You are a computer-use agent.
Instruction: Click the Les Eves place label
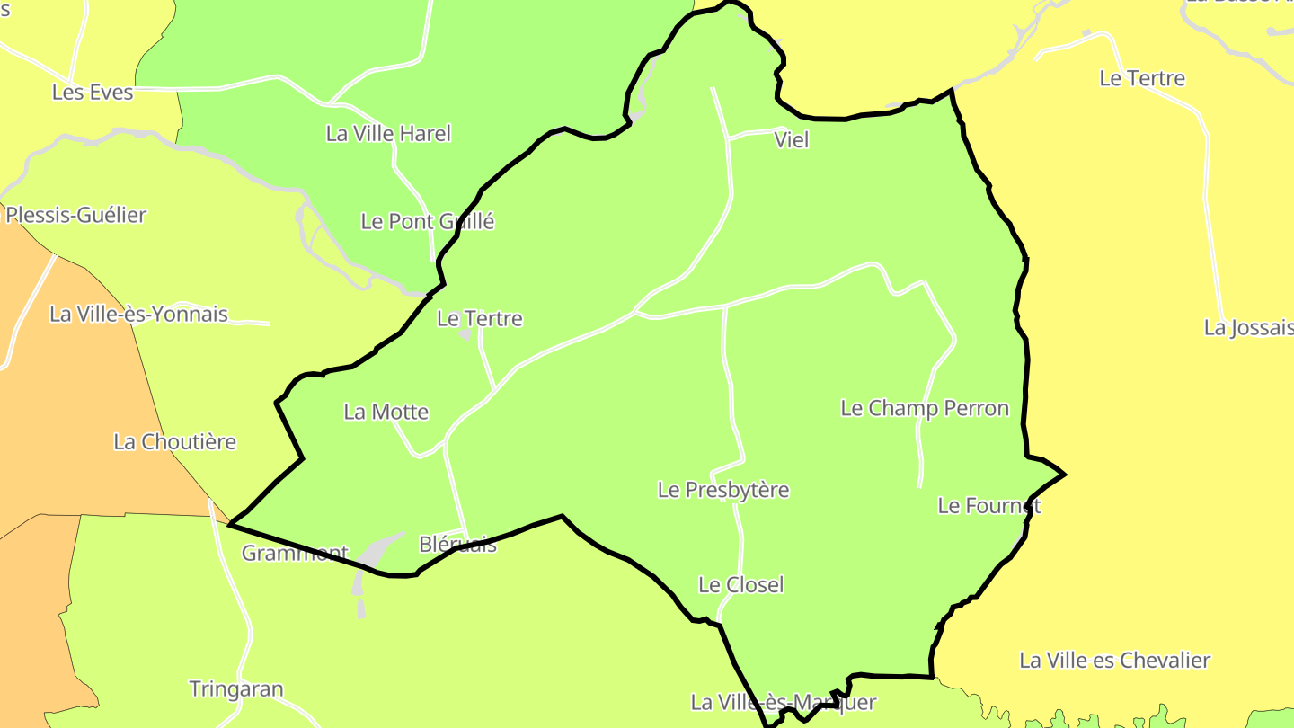point(92,93)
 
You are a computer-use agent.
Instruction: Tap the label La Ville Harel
point(388,134)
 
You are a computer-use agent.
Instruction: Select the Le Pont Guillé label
point(428,222)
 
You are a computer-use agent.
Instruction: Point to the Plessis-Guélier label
point(75,216)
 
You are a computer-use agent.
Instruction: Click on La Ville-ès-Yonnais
point(138,315)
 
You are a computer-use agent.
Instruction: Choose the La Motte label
point(386,413)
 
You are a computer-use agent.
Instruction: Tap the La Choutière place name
point(174,442)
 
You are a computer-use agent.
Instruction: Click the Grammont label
point(294,554)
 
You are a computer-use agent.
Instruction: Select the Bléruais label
point(457,545)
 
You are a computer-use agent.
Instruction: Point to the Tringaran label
point(235,690)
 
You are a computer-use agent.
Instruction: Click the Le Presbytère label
point(723,491)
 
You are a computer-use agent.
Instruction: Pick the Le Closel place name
point(741,585)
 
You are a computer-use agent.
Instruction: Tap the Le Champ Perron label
point(925,409)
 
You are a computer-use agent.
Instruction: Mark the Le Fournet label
point(988,506)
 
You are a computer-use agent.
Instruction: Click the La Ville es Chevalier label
point(1114,661)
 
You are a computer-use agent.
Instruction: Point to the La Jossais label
point(1248,328)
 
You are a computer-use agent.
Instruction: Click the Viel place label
point(791,140)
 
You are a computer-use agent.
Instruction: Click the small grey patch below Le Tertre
point(465,335)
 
